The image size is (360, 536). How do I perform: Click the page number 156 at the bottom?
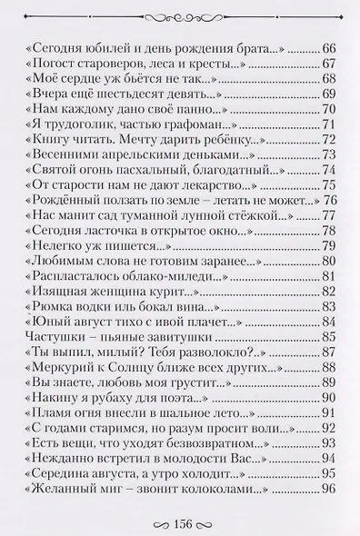179,522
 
